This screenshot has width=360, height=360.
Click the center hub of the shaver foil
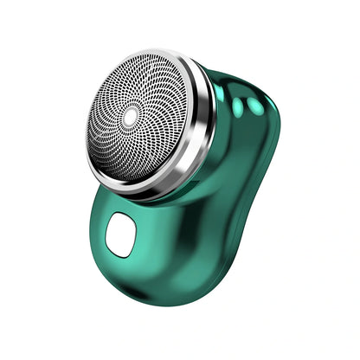[132, 115]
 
